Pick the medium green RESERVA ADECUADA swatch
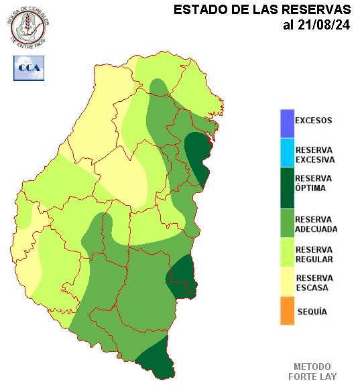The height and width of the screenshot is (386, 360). [287, 224]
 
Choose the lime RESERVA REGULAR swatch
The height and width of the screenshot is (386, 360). [287, 253]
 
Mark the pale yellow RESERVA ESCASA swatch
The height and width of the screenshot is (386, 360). [287, 283]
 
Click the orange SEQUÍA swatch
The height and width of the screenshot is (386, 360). [287, 312]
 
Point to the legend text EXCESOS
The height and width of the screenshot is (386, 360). [314, 121]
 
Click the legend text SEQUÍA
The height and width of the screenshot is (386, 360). [312, 312]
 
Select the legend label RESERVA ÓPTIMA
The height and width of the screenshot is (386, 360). [314, 183]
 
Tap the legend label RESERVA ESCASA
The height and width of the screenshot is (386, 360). [314, 283]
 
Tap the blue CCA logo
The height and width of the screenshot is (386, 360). [29, 68]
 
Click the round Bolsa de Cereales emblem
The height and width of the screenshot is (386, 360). [28, 27]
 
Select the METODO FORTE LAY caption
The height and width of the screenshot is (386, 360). [312, 372]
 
